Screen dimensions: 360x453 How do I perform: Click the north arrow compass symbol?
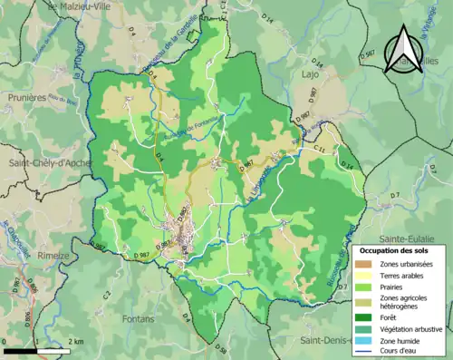click(402, 50)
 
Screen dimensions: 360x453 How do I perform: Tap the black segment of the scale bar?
click(20, 350)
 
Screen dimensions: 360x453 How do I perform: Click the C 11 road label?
click(318, 146)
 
